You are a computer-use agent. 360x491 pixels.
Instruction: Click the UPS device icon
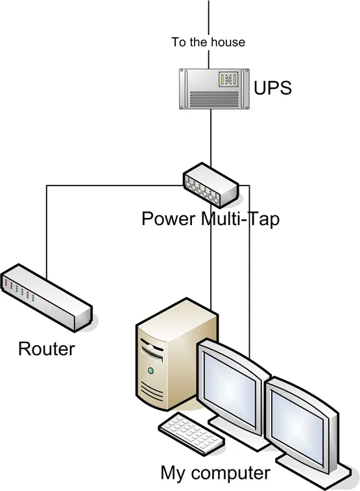(x=208, y=89)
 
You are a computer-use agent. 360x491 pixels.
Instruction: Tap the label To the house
(x=208, y=42)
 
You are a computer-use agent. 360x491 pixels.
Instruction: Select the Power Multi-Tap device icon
(x=211, y=184)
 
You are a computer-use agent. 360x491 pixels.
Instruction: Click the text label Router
(x=46, y=349)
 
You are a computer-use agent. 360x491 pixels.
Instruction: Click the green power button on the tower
(x=151, y=371)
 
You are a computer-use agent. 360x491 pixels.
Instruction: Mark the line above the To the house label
(x=209, y=16)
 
